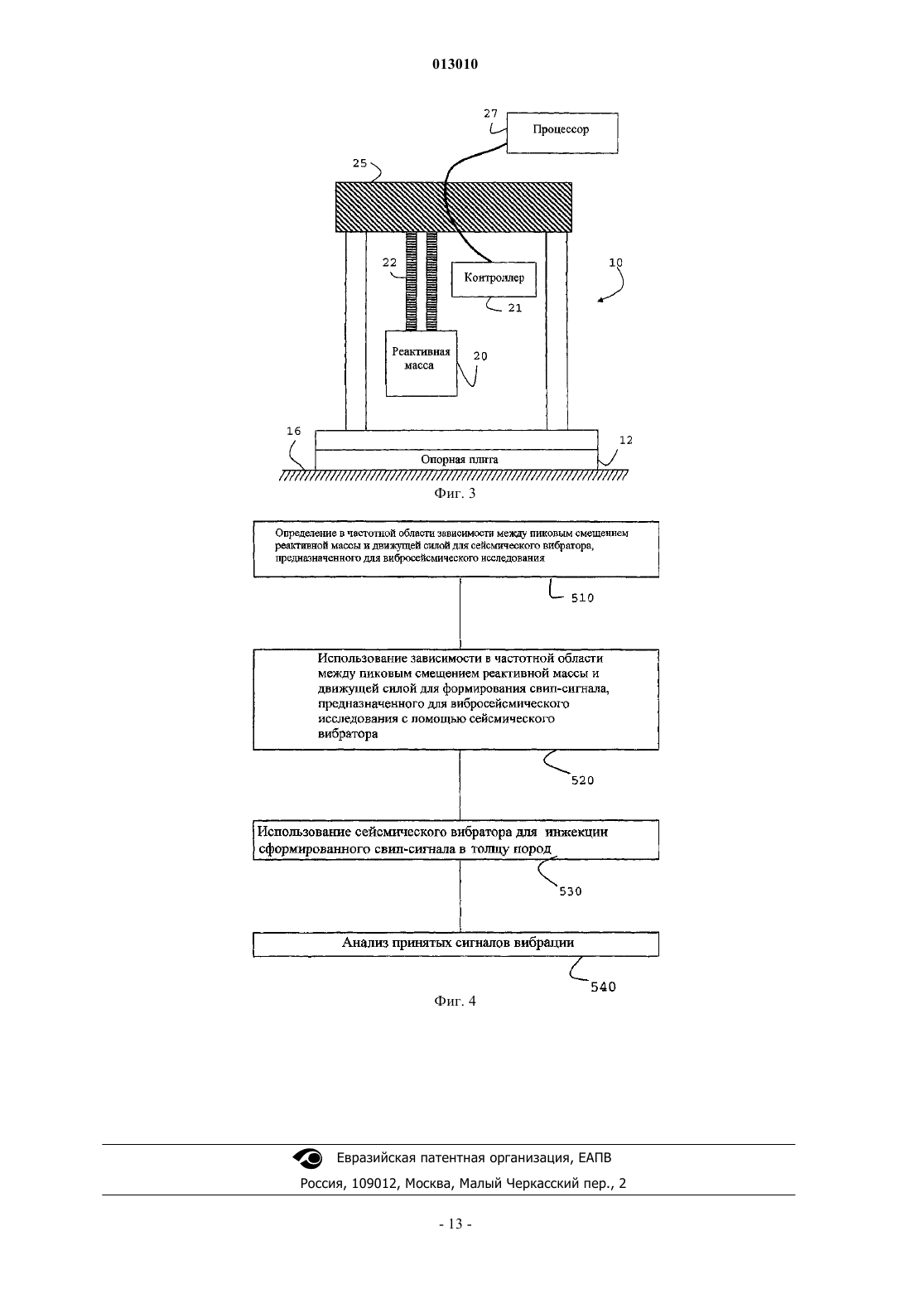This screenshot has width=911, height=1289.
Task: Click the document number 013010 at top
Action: click(455, 64)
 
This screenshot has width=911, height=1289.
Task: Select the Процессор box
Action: click(562, 133)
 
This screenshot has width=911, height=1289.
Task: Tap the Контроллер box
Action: click(494, 280)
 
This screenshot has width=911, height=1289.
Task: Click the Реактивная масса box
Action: click(422, 363)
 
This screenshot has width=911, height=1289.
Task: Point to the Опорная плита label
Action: click(460, 459)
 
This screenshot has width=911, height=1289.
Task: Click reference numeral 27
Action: click(490, 113)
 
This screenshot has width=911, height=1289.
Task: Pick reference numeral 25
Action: click(360, 163)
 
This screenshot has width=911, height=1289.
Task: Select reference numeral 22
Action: click(390, 263)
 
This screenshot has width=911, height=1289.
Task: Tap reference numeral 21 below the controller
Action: click(515, 308)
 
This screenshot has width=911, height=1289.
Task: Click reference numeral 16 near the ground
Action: click(293, 431)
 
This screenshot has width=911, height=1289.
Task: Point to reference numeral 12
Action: click(626, 440)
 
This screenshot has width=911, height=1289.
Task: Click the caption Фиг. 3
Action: click(455, 493)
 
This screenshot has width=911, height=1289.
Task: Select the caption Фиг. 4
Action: click(455, 1001)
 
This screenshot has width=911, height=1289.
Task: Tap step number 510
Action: click(582, 598)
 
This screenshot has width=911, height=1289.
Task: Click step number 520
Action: click(582, 781)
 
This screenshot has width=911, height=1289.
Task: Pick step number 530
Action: click(571, 892)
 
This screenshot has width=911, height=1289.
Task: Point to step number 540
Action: click(603, 987)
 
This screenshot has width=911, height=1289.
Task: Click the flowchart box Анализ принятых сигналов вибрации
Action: click(456, 944)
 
